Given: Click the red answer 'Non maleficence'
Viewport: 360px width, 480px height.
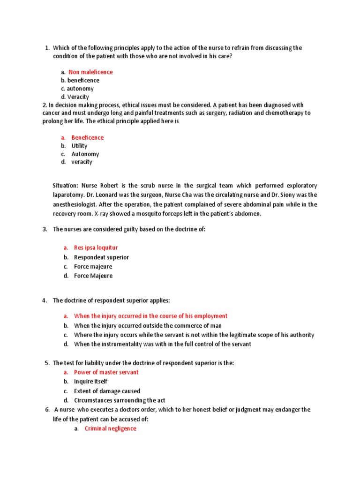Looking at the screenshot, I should pos(90,72).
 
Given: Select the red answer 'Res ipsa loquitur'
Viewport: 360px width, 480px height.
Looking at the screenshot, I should pos(96,247).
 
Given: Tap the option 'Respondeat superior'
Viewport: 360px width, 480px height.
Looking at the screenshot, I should pos(101,257).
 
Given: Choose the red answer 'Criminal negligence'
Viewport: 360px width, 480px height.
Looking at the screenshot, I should pos(110,428).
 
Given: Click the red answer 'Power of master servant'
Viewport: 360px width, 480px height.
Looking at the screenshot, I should pos(106,372).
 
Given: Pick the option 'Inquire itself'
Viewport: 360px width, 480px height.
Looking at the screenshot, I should pos(90,382).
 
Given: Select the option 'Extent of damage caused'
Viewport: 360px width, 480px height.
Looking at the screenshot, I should pos(107,391).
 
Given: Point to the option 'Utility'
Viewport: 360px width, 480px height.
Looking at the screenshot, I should pos(79,146).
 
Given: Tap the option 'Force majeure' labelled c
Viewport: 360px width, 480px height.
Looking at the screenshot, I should pos(93,267).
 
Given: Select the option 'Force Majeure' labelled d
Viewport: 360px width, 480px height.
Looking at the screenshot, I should pos(93,276).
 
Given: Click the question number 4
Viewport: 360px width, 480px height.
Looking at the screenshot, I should pos(45,300).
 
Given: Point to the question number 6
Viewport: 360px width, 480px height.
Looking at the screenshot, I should pos(47,410).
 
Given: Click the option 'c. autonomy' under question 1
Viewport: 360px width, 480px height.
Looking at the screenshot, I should pos(77,89).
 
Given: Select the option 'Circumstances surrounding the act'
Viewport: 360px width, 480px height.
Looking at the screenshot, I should pos(119,400).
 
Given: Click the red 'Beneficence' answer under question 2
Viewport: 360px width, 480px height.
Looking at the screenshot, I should pos(87,138).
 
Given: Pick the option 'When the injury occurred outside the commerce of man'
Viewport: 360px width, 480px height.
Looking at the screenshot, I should pos(148,325).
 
